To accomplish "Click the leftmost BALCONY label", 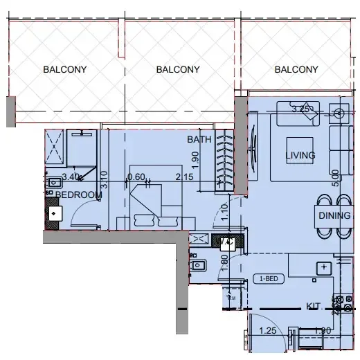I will [x=64, y=69].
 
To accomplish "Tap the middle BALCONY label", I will [x=178, y=69].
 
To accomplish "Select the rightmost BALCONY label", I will [x=296, y=69].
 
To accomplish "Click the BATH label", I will [x=199, y=139].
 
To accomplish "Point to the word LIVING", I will [x=300, y=156].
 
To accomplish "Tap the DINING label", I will [x=334, y=216].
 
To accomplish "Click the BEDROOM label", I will [x=78, y=195].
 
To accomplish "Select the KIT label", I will [x=312, y=305].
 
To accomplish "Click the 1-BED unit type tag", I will [x=269, y=279].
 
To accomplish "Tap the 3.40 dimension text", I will [x=71, y=177].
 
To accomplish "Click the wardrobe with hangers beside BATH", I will [x=222, y=159].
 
